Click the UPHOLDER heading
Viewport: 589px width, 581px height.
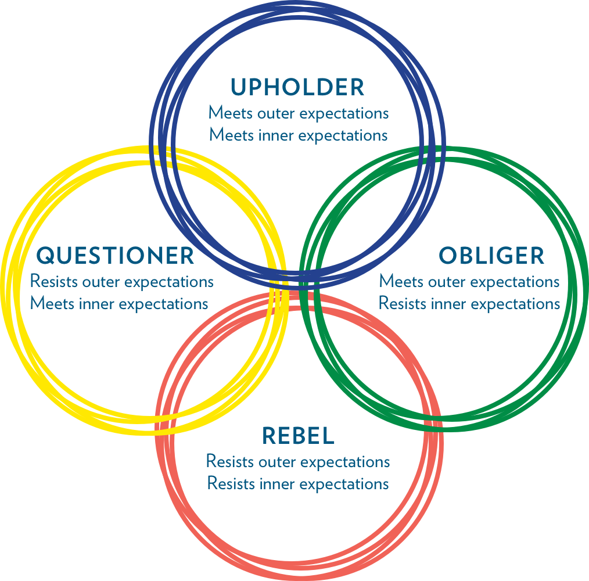coord(297,87)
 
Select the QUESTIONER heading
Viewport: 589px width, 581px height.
coord(115,255)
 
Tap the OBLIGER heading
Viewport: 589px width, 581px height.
coord(491,256)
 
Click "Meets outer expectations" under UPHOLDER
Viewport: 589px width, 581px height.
coord(299,113)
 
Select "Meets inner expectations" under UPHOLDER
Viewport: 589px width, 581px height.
coord(298,135)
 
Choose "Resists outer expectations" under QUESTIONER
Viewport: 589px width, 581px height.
coord(122,282)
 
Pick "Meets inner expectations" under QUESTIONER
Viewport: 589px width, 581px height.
coord(119,303)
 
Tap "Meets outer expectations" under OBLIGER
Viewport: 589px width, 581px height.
coord(469,282)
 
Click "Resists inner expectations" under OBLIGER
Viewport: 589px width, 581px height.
coord(469,303)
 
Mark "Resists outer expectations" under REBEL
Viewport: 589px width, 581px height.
coord(298,462)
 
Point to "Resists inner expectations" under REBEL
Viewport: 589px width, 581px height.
coord(298,483)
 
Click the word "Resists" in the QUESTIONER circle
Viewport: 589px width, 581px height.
coord(55,282)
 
